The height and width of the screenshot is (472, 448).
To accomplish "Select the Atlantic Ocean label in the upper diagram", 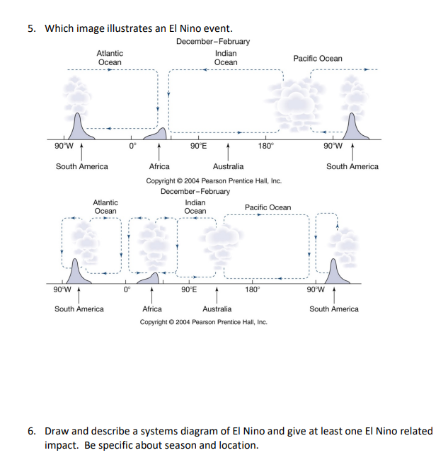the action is (x=110, y=58).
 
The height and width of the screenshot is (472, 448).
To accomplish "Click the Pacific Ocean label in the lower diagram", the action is (x=268, y=207).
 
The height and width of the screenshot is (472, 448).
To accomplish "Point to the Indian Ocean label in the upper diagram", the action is (x=226, y=58).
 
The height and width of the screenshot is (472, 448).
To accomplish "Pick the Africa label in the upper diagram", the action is (x=159, y=166).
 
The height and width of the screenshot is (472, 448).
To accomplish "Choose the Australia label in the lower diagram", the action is (x=217, y=309).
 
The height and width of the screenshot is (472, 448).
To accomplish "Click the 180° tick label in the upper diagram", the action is (x=265, y=146).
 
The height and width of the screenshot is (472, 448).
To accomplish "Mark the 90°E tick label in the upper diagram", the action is (x=199, y=146).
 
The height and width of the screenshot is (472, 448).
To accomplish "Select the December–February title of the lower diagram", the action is (x=195, y=191).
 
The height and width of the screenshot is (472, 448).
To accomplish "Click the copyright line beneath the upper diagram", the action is (x=214, y=180).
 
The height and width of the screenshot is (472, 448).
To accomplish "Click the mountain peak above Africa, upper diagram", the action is (x=163, y=131).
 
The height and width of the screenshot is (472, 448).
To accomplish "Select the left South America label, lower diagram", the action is (x=79, y=309).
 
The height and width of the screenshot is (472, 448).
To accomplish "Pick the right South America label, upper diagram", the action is (x=352, y=166).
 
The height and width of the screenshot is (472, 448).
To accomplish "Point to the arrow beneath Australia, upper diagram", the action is (x=228, y=151).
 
